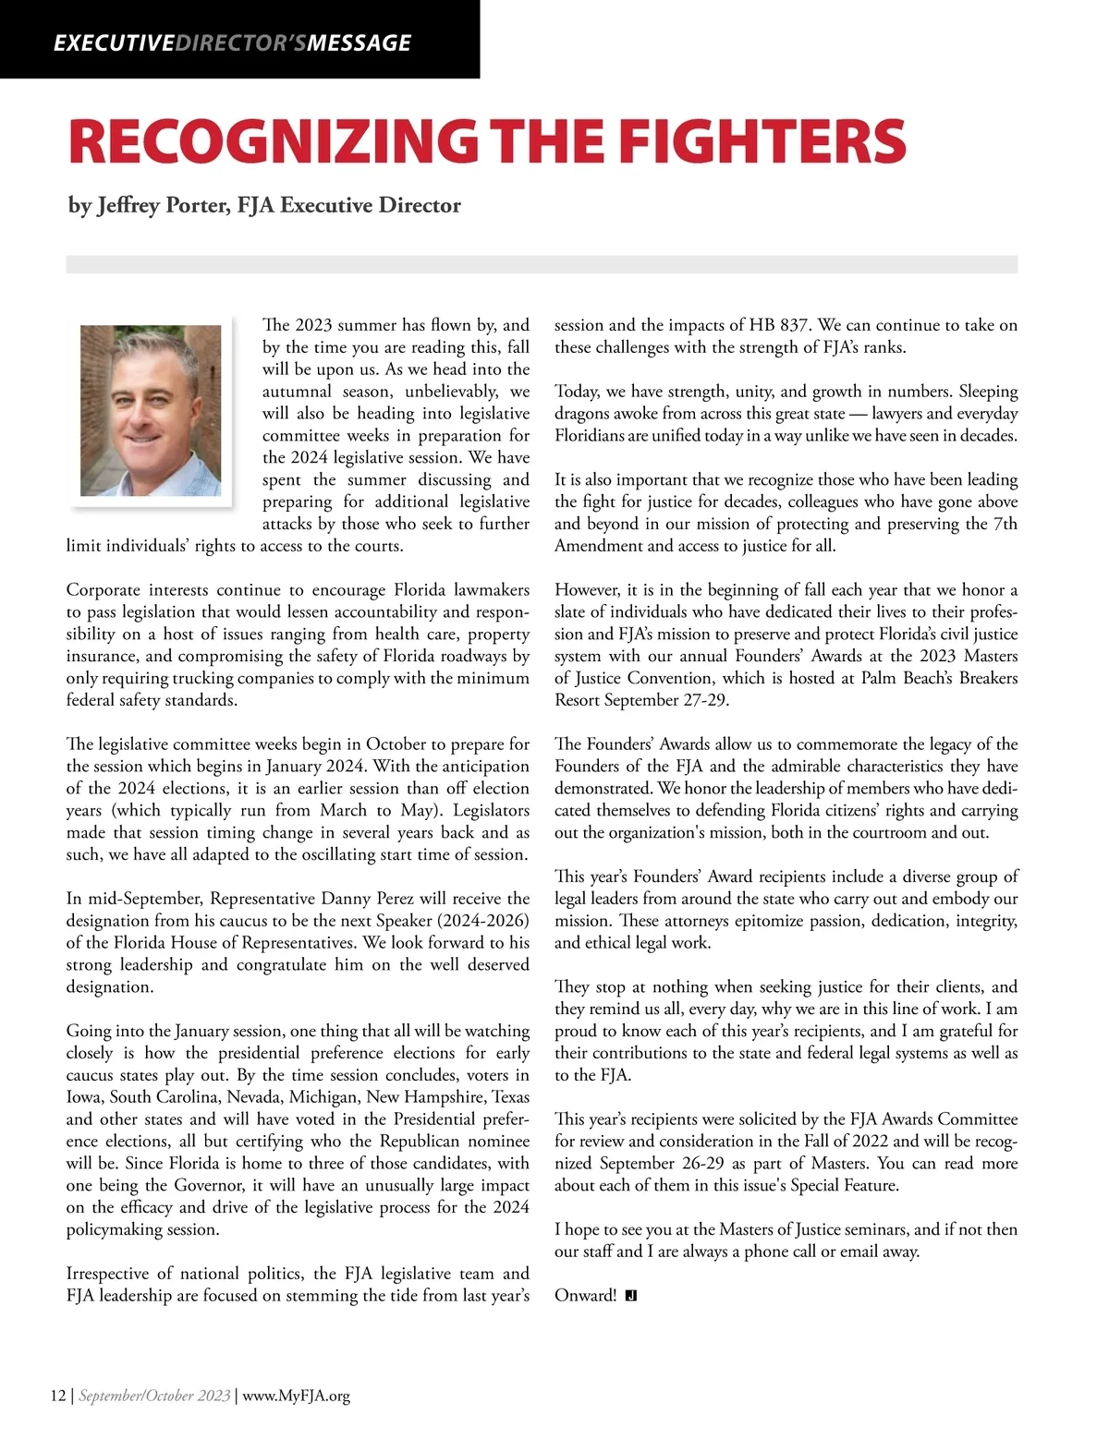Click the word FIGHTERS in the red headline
tap(762, 142)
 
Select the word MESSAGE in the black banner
tap(360, 42)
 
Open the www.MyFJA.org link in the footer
tap(296, 1396)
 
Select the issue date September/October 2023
tap(154, 1396)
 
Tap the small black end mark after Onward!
tap(631, 1296)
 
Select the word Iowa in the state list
tap(85, 1097)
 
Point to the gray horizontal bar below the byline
tap(542, 264)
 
